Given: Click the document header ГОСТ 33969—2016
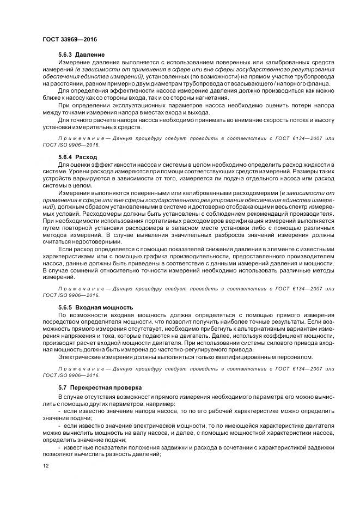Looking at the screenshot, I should point(66,40).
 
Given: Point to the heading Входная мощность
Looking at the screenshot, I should point(103,307).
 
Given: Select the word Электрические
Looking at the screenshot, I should point(80,356).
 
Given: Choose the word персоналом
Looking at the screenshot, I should point(296,356).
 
